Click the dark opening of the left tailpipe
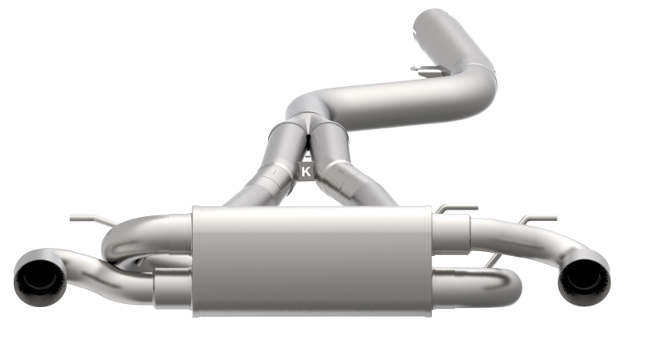click(x=38, y=279)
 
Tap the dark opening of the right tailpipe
click(x=581, y=280)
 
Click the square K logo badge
click(x=306, y=171)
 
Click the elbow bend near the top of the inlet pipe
click(x=480, y=73)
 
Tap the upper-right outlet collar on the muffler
click(x=451, y=232)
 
